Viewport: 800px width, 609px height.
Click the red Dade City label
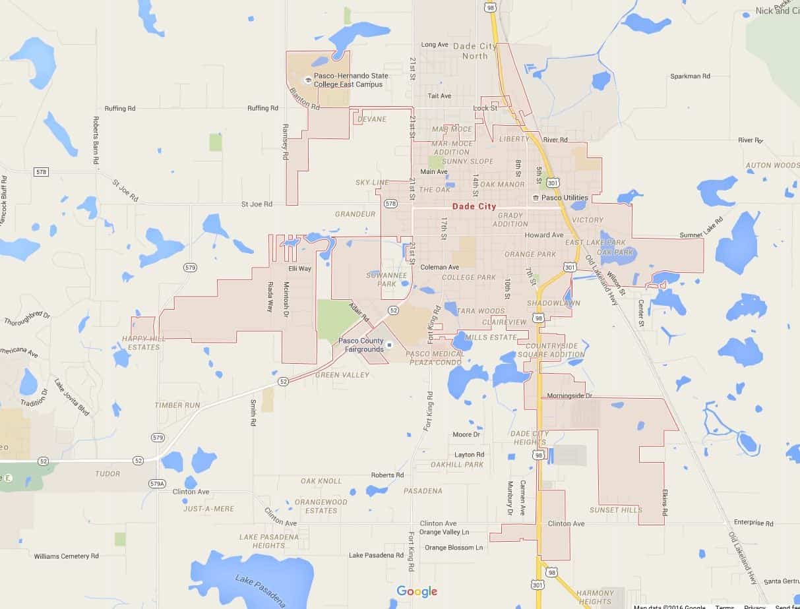tap(474, 206)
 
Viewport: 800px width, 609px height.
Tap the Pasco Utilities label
tap(565, 198)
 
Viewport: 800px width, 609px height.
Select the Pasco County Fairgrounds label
tap(361, 345)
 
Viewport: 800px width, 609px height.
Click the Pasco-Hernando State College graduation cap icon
tap(305, 80)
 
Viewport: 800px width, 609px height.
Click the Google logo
tap(417, 591)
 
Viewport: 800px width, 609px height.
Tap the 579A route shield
tap(157, 484)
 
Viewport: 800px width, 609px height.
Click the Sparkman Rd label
tap(690, 76)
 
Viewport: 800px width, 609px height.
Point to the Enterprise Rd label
tap(753, 523)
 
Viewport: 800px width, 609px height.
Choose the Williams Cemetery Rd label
tap(67, 556)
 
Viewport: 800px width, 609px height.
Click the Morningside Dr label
tap(570, 396)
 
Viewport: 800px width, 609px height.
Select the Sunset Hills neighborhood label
tap(616, 510)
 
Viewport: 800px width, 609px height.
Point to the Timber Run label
tap(176, 405)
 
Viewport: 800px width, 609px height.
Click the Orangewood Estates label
tap(321, 506)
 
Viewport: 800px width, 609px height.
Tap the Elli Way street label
tap(300, 268)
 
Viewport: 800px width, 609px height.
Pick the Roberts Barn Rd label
tap(96, 140)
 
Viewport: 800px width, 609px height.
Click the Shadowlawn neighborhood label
tap(553, 303)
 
